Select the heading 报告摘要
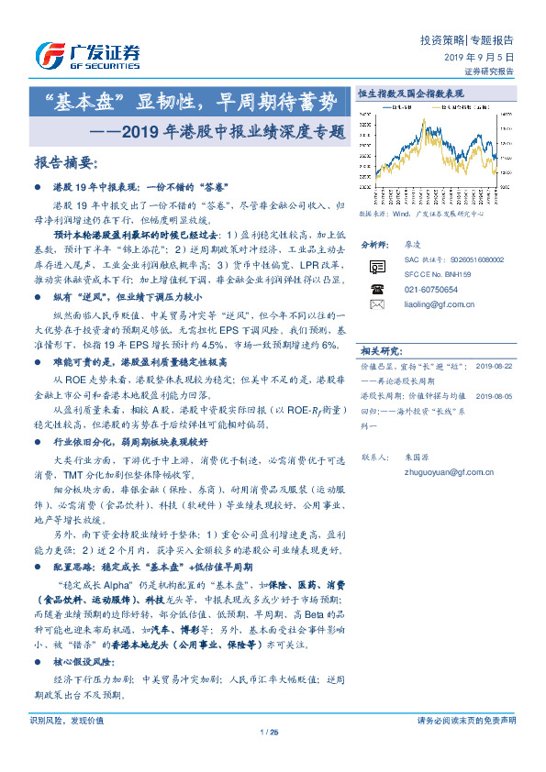65,163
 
